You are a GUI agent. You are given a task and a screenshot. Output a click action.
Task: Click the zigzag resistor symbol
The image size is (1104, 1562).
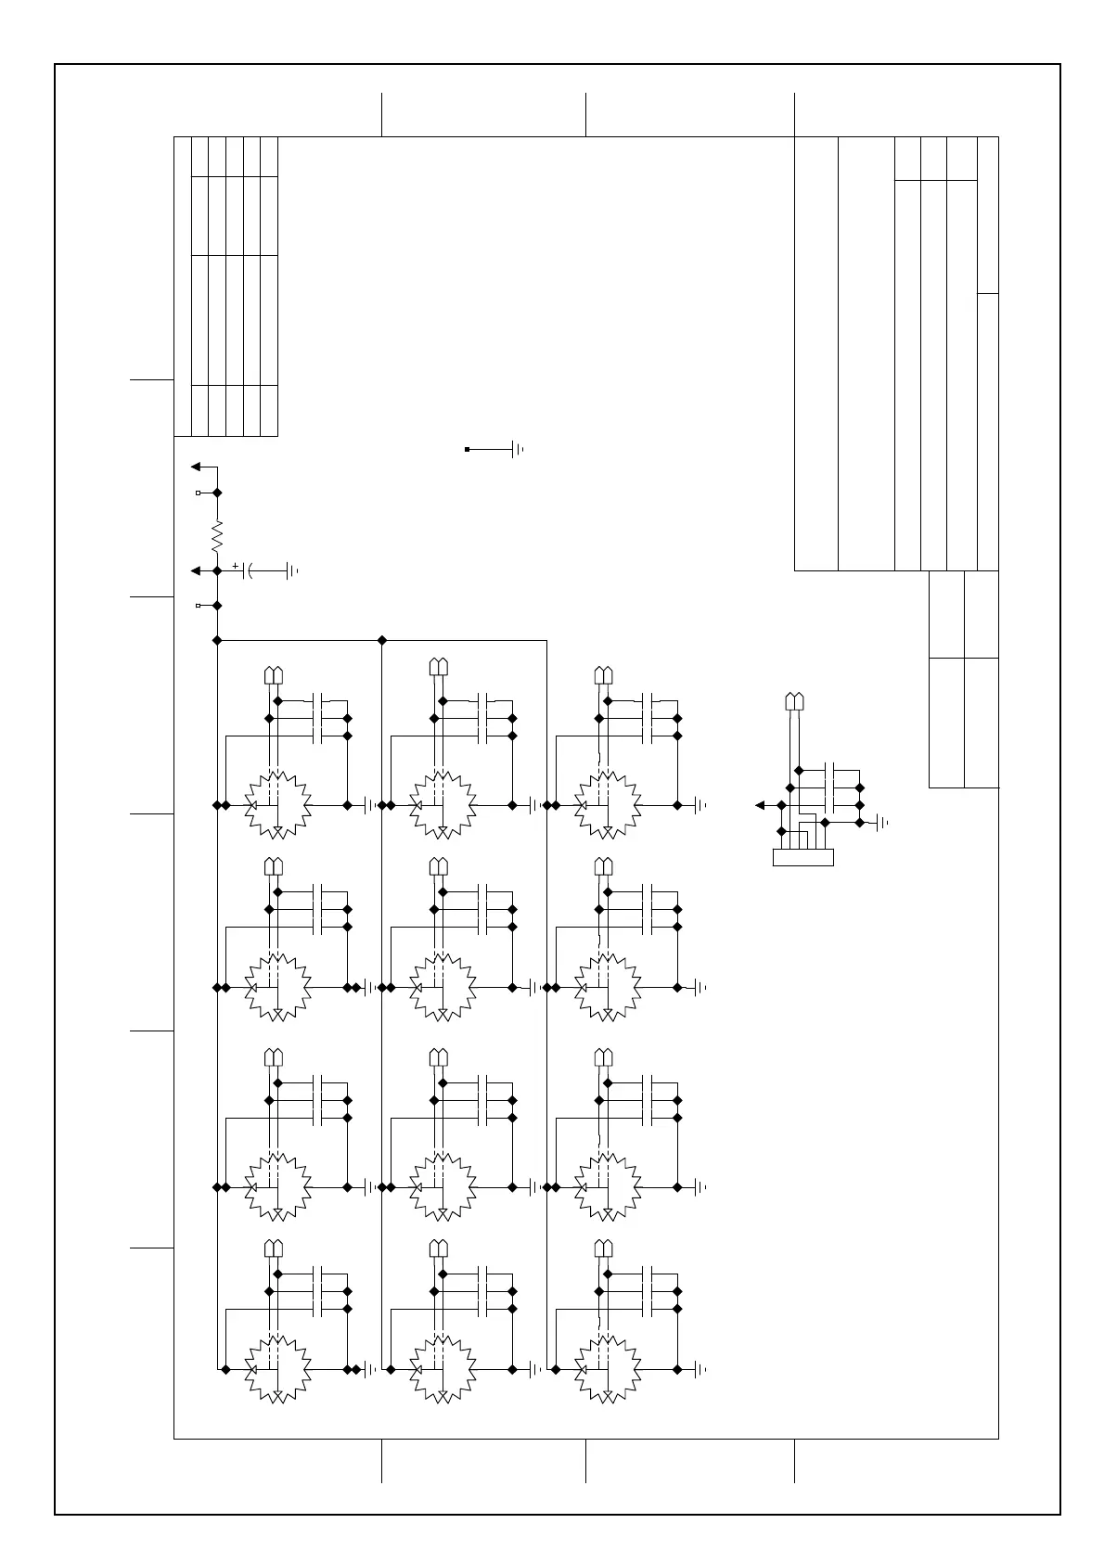pyautogui.click(x=217, y=535)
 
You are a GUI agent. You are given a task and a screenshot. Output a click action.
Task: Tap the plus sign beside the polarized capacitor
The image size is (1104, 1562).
pyautogui.click(x=236, y=565)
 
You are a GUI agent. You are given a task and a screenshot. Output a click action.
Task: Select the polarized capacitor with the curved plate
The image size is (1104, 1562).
pyautogui.click(x=248, y=571)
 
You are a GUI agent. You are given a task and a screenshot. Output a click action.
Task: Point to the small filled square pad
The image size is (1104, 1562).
pyautogui.click(x=467, y=449)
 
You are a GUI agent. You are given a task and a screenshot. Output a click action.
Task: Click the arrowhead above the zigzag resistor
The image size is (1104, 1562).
pyautogui.click(x=196, y=466)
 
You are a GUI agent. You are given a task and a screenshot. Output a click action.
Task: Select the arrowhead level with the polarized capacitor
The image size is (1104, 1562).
pyautogui.click(x=196, y=571)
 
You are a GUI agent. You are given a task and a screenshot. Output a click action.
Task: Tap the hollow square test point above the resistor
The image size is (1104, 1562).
pyautogui.click(x=198, y=493)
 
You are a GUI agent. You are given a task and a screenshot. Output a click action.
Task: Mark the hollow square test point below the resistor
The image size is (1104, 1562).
pyautogui.click(x=198, y=606)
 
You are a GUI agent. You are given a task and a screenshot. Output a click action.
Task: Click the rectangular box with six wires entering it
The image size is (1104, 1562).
pyautogui.click(x=802, y=857)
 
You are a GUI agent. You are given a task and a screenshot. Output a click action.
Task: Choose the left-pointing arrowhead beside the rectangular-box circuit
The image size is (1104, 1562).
pyautogui.click(x=761, y=805)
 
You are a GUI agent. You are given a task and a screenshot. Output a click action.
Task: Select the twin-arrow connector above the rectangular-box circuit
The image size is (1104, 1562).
pyautogui.click(x=794, y=700)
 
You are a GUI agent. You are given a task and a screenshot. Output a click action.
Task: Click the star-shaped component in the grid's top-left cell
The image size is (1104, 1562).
pyautogui.click(x=276, y=805)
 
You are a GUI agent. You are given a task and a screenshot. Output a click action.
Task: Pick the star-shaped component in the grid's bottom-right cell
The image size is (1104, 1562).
pyautogui.click(x=607, y=1369)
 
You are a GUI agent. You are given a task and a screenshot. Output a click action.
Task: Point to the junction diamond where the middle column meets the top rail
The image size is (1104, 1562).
pyautogui.click(x=382, y=640)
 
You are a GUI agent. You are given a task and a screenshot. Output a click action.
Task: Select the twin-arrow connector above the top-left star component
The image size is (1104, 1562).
pyautogui.click(x=274, y=674)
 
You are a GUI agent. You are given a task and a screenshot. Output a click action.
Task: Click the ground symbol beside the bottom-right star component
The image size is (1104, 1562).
pyautogui.click(x=700, y=1369)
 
